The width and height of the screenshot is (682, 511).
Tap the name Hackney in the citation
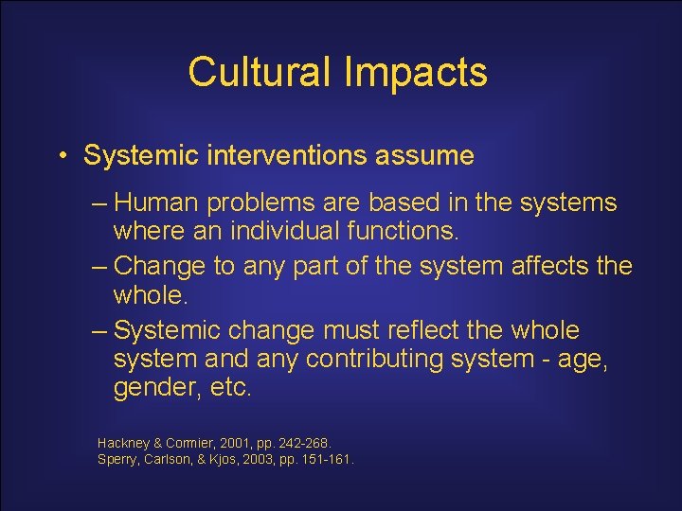click(124, 443)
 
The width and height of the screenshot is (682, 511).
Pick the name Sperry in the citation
click(117, 460)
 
